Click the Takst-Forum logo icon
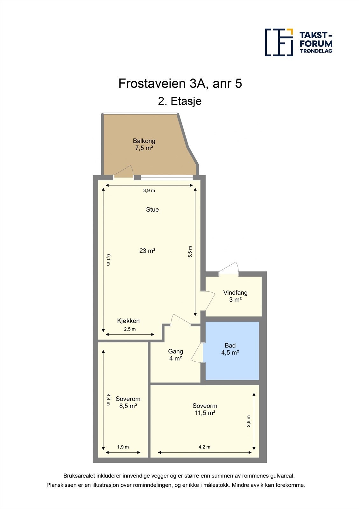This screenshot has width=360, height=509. [x=279, y=42]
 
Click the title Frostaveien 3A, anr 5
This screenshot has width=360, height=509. [x=180, y=84]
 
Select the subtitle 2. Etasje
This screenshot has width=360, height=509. [x=180, y=101]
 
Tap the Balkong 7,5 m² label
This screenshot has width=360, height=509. [x=144, y=144]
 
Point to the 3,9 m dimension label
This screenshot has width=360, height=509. [x=149, y=191]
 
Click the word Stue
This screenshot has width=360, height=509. [x=152, y=209]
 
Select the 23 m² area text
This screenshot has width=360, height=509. [x=147, y=251]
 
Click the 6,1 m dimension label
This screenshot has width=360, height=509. [x=108, y=259]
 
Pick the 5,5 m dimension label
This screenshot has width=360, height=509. [x=190, y=252]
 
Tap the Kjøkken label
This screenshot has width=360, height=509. [x=128, y=321]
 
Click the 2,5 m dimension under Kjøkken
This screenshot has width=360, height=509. [x=130, y=329]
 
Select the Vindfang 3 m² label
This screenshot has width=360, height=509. [x=235, y=296]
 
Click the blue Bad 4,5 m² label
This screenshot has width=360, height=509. [x=230, y=349]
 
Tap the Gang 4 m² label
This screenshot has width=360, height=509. [x=175, y=355]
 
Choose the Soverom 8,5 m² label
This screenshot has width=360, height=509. [x=128, y=402]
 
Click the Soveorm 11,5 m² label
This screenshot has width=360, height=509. [x=205, y=409]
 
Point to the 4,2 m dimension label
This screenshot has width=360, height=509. [x=204, y=447]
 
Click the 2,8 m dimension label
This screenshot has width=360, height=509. [x=249, y=421]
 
